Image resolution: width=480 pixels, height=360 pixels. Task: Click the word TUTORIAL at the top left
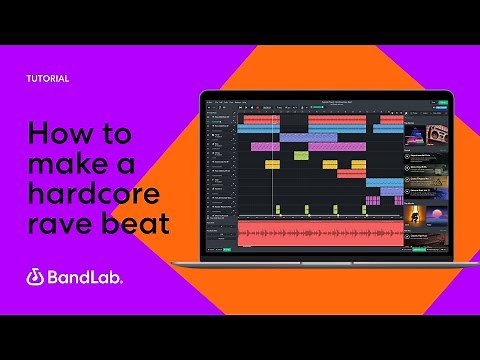tap(48, 78)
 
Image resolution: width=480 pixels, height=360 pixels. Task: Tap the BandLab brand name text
tap(84, 277)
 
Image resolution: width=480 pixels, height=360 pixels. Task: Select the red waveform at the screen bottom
tap(320, 235)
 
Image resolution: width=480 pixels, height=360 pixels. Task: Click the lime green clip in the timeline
tap(301, 155)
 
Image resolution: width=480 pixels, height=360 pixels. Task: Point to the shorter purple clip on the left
tap(264, 146)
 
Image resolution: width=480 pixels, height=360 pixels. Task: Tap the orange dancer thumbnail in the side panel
tap(411, 213)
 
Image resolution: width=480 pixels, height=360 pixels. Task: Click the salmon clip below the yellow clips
tap(351, 173)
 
